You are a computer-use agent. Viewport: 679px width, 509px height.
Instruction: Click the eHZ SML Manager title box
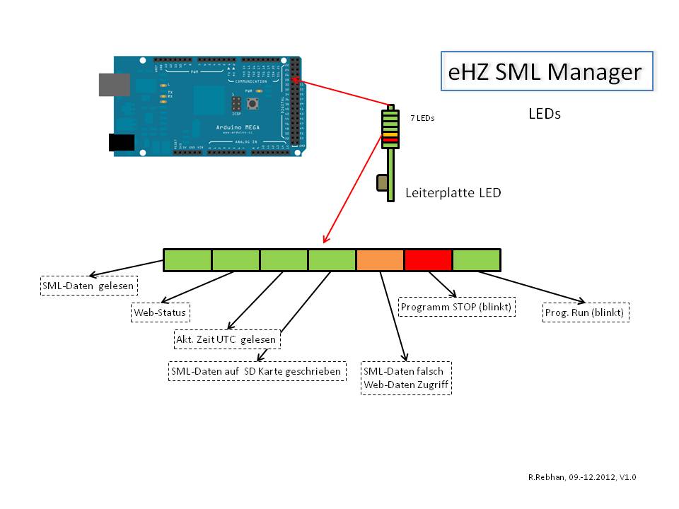546,71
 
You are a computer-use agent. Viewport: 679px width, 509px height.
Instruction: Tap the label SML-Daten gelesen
88,286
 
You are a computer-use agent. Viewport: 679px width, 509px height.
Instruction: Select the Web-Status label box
161,312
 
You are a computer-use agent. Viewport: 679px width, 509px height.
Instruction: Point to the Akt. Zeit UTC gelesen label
227,339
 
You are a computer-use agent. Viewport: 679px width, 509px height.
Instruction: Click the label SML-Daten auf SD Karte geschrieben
257,371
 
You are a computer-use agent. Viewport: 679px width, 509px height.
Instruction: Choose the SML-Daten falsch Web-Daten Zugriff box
407,378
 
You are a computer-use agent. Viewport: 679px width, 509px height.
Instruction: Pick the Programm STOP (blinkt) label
456,308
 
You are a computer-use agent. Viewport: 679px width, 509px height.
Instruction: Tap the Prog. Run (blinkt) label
586,312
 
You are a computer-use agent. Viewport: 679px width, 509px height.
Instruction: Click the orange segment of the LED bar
380,260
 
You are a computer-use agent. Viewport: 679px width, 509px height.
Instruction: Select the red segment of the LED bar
428,260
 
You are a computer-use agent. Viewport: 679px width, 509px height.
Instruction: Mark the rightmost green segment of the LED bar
476,260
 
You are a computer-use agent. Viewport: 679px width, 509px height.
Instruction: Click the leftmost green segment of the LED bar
187,260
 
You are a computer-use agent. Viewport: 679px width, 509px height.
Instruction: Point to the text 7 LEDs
422,119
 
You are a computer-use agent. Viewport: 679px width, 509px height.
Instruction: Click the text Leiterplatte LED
453,192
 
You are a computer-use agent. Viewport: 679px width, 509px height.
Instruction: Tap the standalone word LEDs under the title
544,113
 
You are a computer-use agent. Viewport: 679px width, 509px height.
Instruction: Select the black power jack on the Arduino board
121,142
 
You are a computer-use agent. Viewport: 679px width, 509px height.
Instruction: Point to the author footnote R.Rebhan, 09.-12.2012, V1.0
582,478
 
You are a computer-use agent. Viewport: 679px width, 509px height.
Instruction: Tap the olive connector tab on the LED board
382,184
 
